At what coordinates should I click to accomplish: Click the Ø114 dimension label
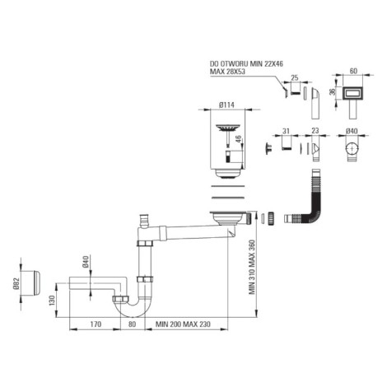pyautogui.click(x=226, y=105)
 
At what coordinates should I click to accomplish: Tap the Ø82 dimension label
pyautogui.click(x=16, y=283)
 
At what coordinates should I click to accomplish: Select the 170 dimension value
pyautogui.click(x=95, y=324)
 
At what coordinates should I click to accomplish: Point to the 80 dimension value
pyautogui.click(x=132, y=324)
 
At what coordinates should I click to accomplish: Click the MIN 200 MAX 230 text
pyautogui.click(x=183, y=324)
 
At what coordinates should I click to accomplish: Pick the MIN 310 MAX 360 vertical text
pyautogui.click(x=252, y=267)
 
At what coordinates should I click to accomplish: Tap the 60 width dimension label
pyautogui.click(x=353, y=71)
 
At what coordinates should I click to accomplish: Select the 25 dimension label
pyautogui.click(x=294, y=78)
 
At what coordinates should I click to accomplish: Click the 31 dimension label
pyautogui.click(x=286, y=131)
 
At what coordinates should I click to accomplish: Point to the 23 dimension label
pyautogui.click(x=315, y=131)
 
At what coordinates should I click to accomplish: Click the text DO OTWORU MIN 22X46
pyautogui.click(x=246, y=64)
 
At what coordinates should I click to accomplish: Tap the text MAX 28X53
pyautogui.click(x=227, y=72)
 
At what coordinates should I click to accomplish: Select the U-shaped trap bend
pyautogui.click(x=132, y=309)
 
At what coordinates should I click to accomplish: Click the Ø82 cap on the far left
pyautogui.click(x=32, y=283)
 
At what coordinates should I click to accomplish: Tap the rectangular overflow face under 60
pyautogui.click(x=353, y=94)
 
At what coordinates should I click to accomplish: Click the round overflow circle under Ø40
pyautogui.click(x=352, y=148)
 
